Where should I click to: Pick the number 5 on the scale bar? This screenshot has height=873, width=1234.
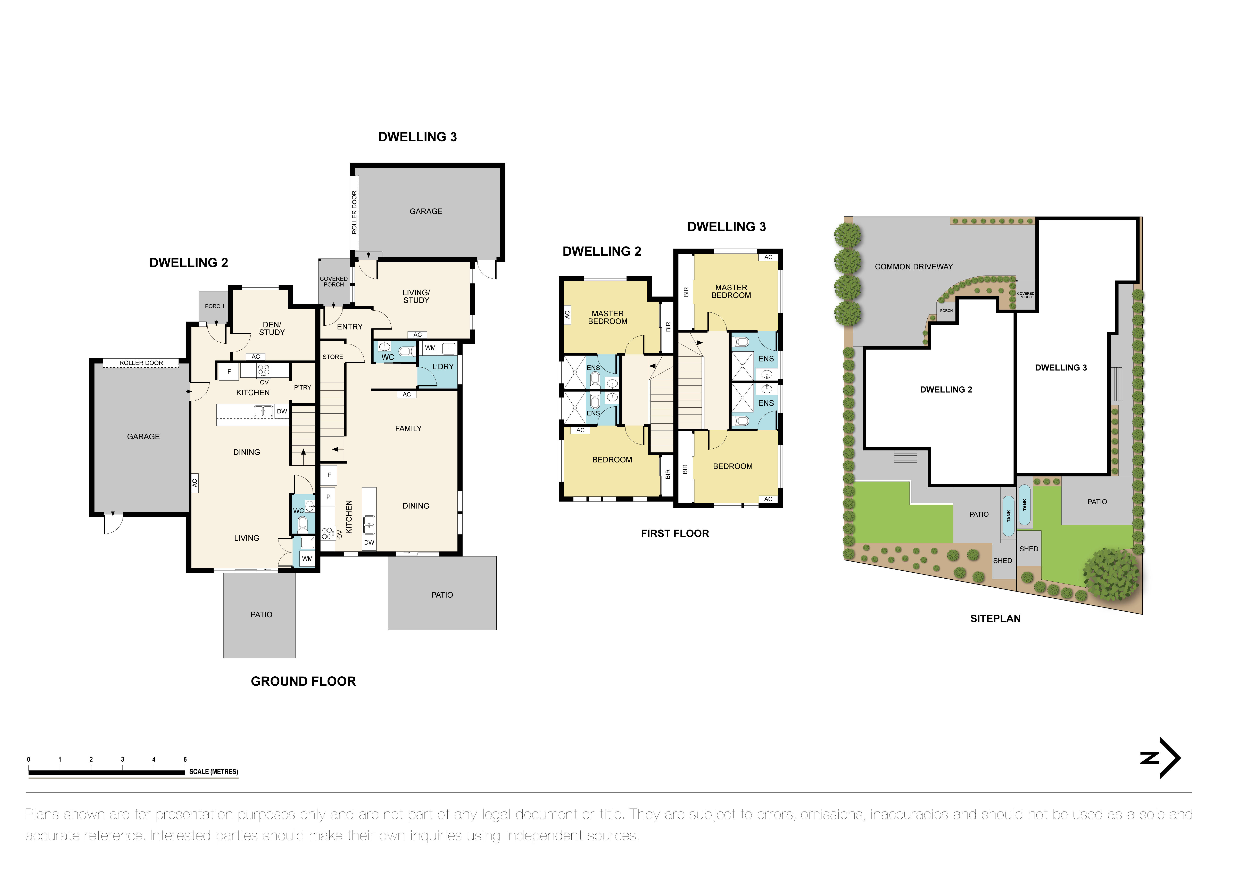click(185, 760)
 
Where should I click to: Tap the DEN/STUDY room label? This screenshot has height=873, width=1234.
click(272, 328)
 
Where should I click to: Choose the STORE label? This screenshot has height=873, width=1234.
click(333, 357)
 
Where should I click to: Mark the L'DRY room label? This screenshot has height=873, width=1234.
click(443, 367)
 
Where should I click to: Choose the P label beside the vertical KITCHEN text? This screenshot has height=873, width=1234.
click(328, 497)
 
